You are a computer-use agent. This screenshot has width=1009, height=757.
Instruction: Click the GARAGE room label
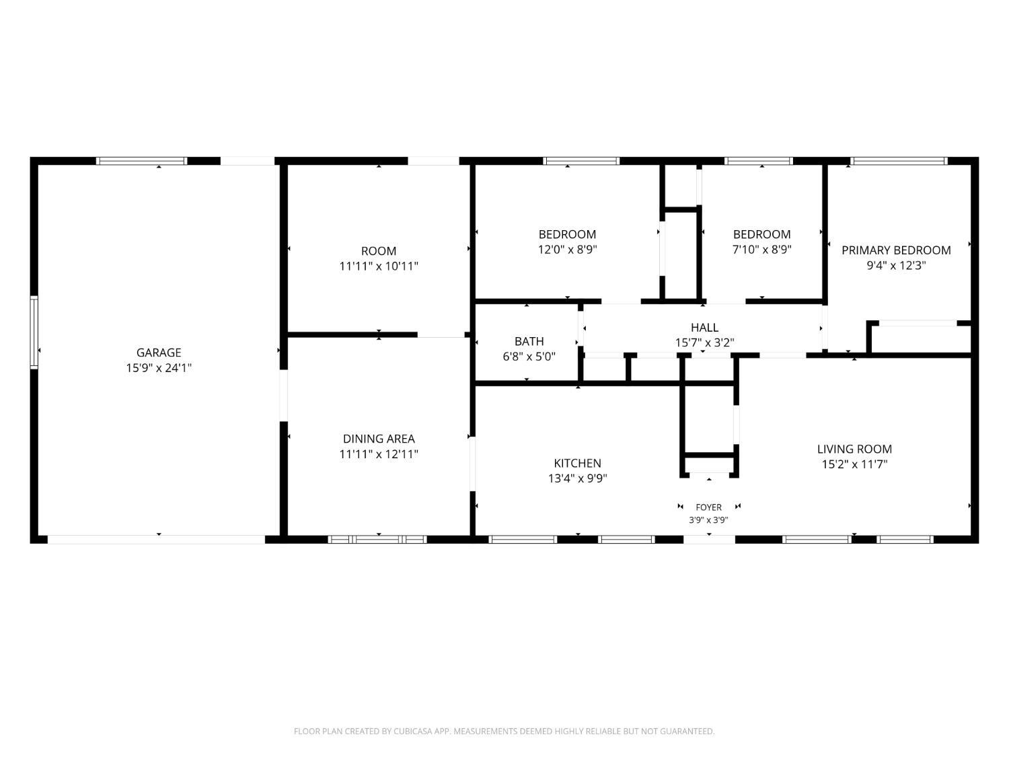159,353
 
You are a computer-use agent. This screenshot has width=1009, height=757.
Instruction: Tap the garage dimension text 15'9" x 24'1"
159,367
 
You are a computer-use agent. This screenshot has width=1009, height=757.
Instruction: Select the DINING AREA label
379,439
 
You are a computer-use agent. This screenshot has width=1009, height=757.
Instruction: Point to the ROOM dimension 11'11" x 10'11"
379,266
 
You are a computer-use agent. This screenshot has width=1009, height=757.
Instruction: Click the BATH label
529,342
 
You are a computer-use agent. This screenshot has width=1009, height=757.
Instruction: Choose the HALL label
704,327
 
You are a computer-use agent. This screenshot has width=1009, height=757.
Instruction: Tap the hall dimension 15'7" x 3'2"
704,343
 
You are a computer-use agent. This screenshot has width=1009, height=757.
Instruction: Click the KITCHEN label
577,463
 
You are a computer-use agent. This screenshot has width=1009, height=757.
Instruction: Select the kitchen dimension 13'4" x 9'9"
577,478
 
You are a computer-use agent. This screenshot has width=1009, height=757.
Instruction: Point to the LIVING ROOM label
854,449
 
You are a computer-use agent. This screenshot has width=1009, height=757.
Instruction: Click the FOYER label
708,507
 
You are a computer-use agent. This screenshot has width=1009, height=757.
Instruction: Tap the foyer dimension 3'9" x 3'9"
708,520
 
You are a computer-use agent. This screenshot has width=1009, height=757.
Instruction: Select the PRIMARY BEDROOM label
896,250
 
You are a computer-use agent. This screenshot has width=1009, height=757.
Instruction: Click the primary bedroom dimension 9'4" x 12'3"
896,265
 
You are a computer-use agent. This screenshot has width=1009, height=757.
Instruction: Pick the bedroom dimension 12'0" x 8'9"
567,250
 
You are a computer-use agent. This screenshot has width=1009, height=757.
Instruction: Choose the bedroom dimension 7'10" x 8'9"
761,250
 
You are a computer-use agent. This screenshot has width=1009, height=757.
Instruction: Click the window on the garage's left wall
34,332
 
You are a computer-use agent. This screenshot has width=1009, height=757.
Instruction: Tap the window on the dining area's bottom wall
377,539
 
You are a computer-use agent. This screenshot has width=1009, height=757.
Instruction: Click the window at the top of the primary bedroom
899,161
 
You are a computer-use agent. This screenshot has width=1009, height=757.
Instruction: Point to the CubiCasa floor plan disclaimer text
504,731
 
